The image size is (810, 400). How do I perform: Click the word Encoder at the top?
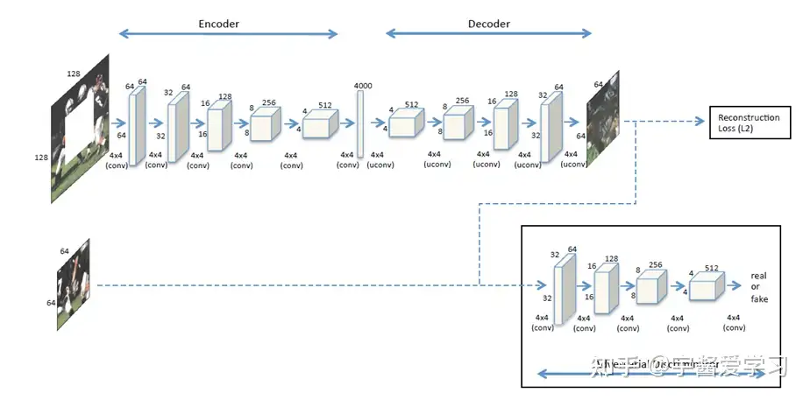click(219, 24)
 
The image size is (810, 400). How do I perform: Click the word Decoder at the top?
click(488, 24)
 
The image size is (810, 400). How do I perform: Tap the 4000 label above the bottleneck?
click(362, 85)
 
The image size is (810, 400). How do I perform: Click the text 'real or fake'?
click(758, 286)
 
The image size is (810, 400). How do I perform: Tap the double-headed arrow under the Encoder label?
click(228, 35)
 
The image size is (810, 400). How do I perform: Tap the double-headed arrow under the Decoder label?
click(488, 35)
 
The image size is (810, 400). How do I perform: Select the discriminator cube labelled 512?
click(706, 287)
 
